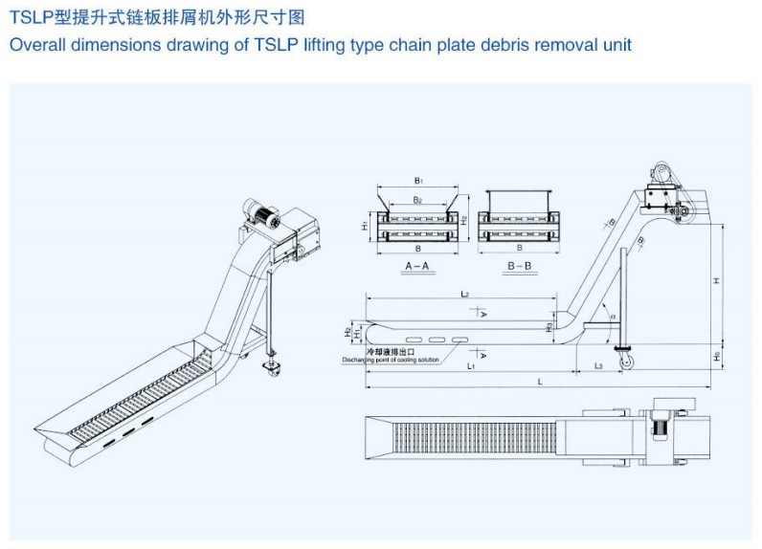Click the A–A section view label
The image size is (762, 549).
pos(416,264)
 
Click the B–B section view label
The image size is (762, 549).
pos(520,264)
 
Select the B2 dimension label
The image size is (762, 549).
pos(417,200)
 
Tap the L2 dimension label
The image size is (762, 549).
pos(463,295)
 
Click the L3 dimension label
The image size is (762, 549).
pos(597,365)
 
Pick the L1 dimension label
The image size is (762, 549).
pos(472,366)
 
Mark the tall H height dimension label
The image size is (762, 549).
pos(716,280)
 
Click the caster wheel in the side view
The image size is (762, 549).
pos(627,361)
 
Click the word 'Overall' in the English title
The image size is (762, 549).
pos(37,45)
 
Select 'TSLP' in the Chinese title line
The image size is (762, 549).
pos(27,15)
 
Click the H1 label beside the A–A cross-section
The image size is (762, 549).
pos(366,227)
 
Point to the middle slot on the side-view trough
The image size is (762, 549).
pos(437,340)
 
